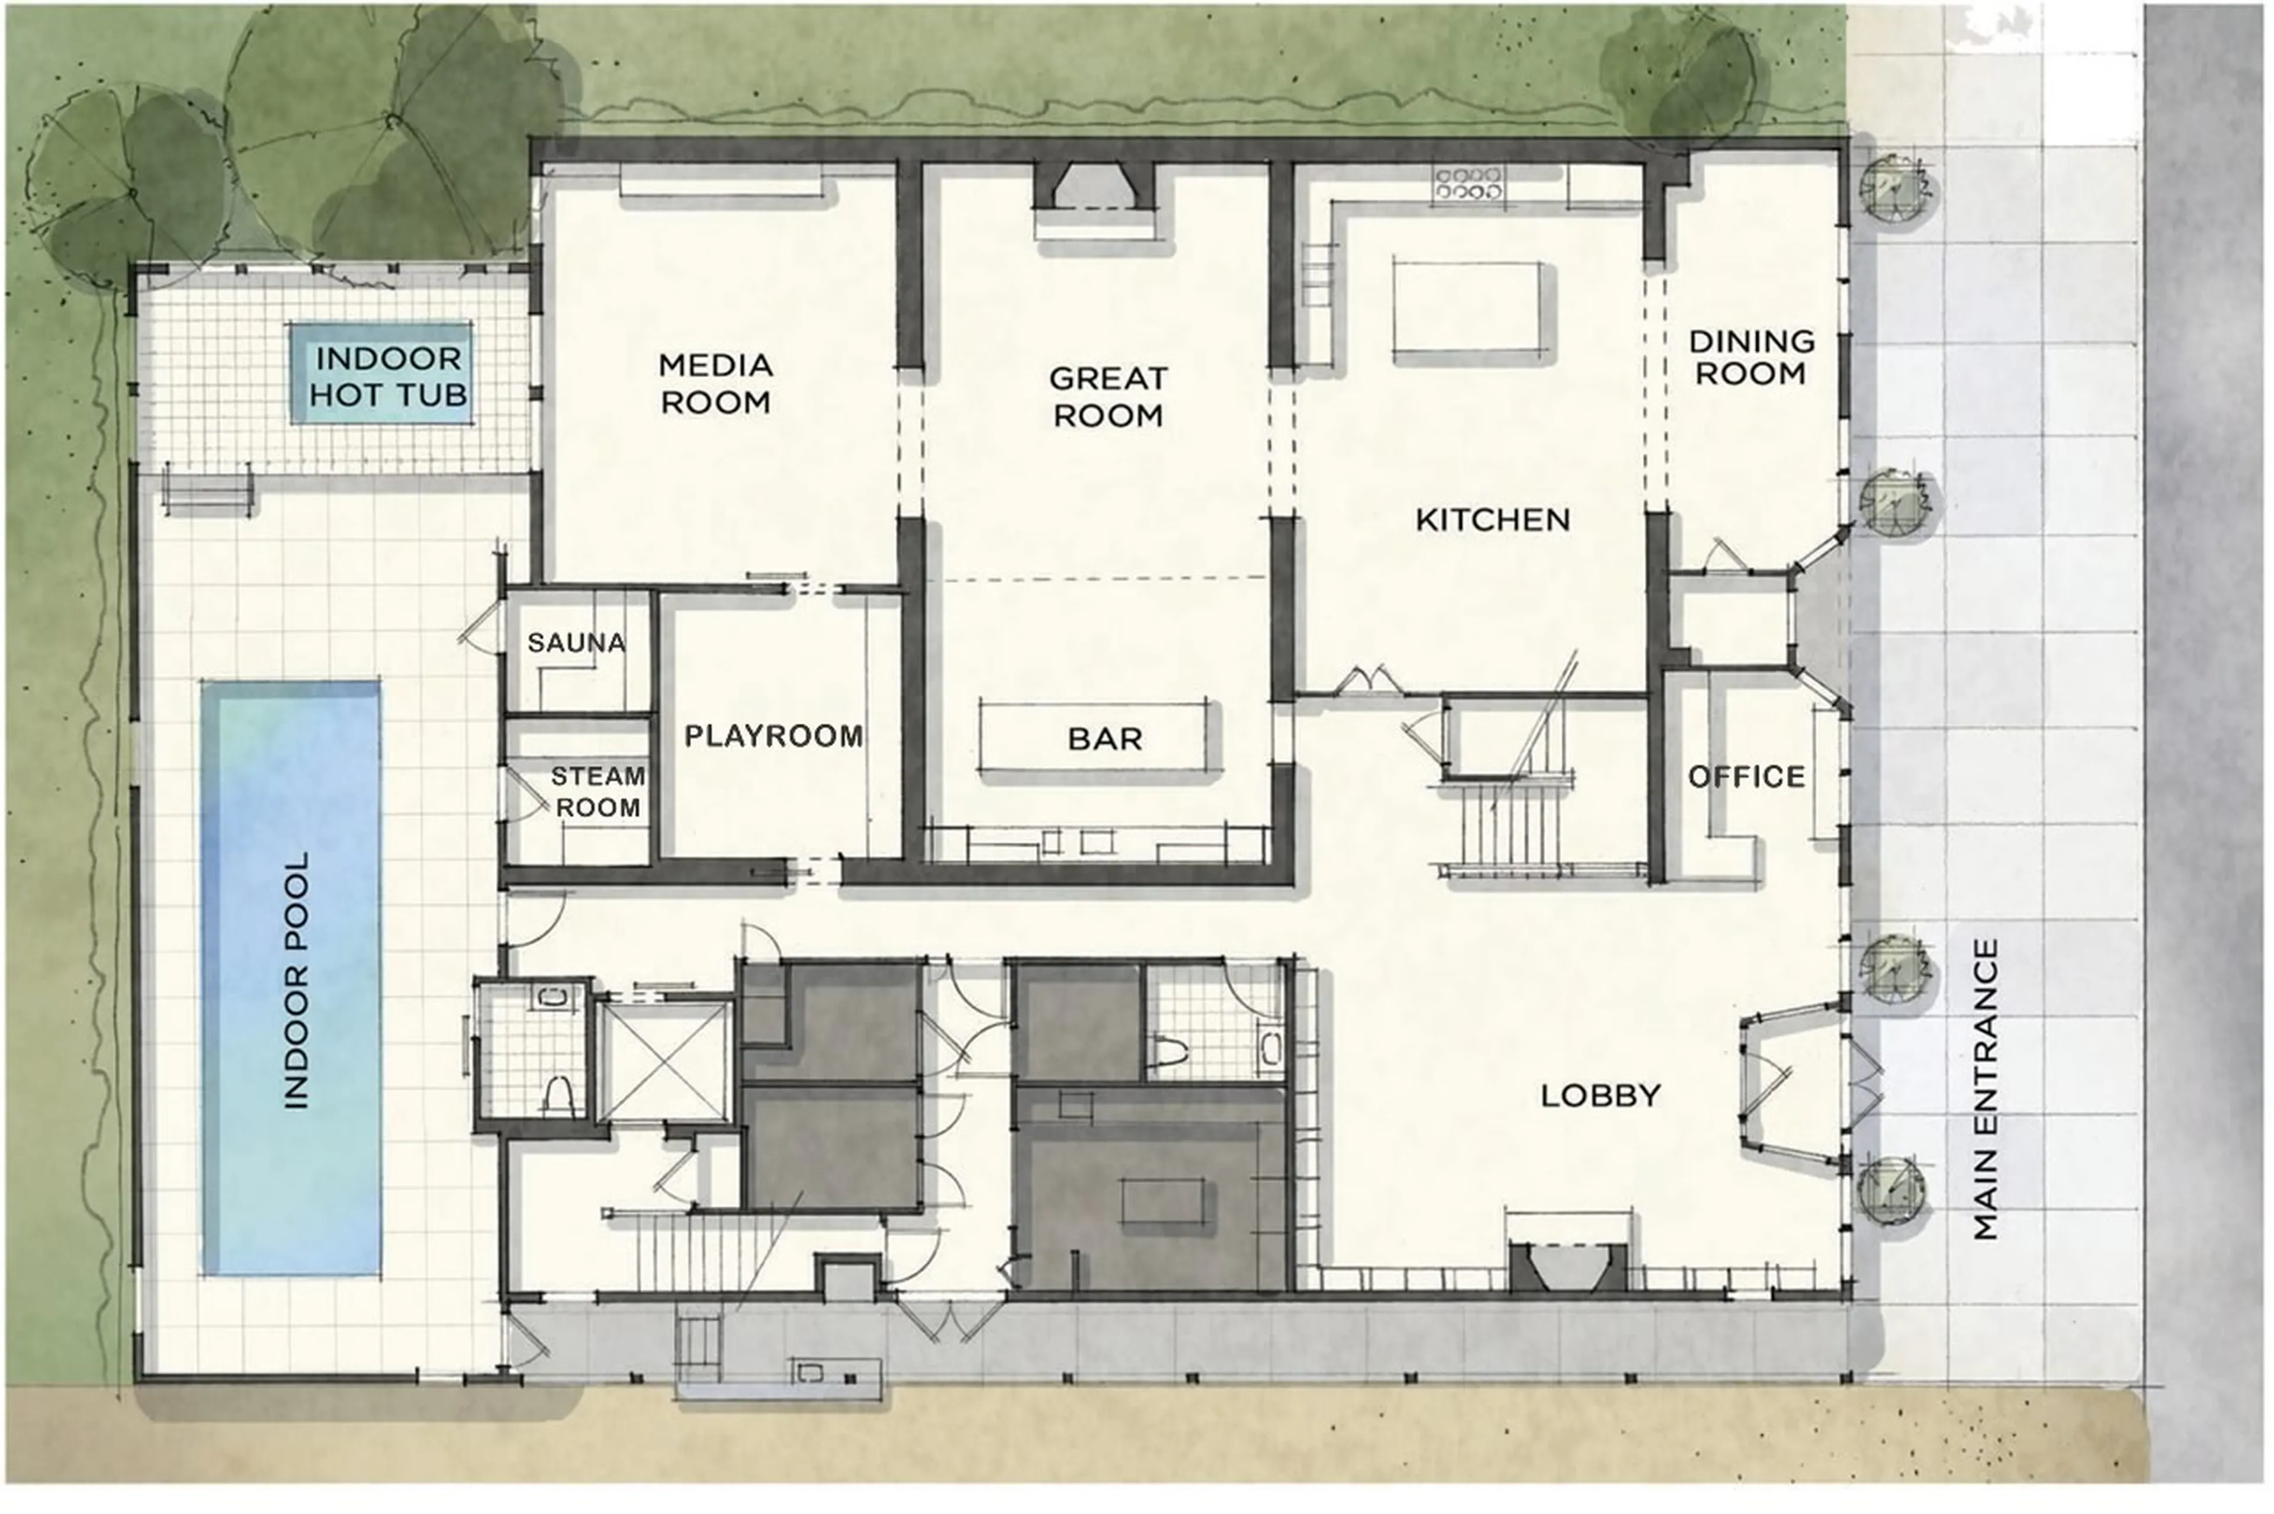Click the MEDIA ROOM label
click(x=715, y=383)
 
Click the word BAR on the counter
click(x=1106, y=740)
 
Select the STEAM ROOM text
click(x=598, y=792)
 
